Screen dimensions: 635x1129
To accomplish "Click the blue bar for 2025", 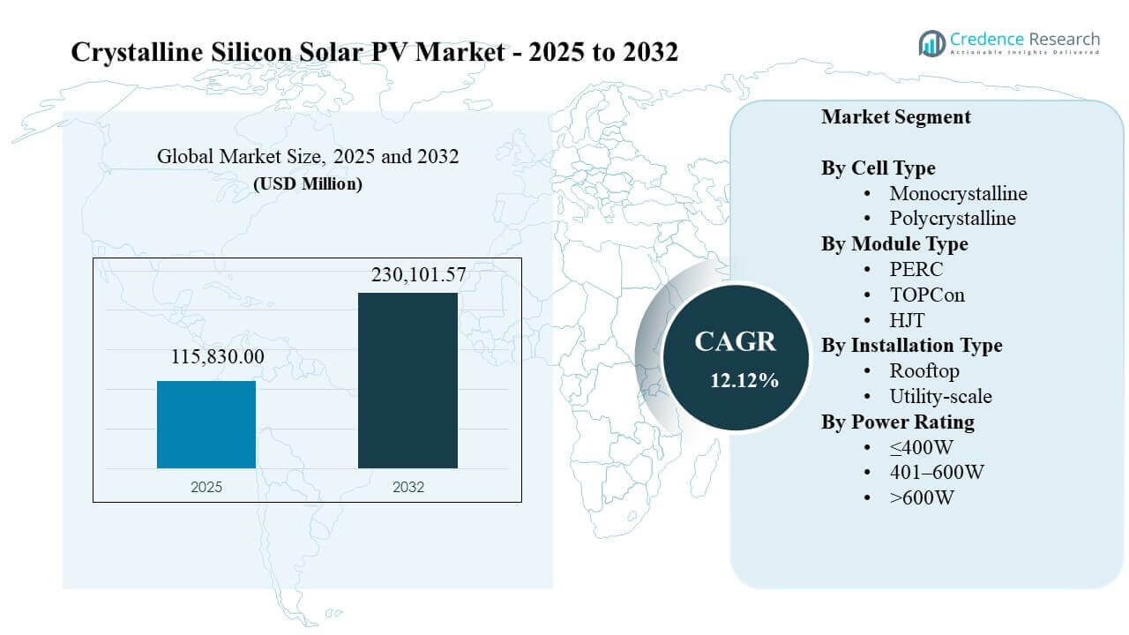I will pos(206,424).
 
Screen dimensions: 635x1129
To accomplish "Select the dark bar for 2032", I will pos(407,380).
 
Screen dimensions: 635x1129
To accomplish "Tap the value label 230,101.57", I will pos(407,276).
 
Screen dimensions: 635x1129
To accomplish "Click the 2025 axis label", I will pos(206,487).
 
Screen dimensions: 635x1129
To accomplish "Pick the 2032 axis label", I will pos(407,487).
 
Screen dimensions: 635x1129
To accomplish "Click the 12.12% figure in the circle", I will pos(744,381).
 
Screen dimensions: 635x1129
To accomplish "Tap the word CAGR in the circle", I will pos(735,342).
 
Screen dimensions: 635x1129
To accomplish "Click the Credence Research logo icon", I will pos(931,42).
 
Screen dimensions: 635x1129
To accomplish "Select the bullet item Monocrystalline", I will pos(958,193).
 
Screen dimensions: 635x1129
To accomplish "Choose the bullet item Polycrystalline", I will pos(953,218).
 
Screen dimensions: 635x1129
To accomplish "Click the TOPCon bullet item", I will pos(927,295).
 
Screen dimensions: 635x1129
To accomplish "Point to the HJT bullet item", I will pos(907,320).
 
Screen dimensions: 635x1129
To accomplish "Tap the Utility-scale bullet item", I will pos(940,396).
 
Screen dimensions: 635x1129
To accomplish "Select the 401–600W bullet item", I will pos(937,472).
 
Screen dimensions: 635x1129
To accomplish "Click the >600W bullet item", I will pos(922,497).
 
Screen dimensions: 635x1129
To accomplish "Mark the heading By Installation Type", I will pos(912,346).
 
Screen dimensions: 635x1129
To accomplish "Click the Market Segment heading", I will pos(896,116).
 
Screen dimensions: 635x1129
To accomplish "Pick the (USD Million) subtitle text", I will pos(308,184).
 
